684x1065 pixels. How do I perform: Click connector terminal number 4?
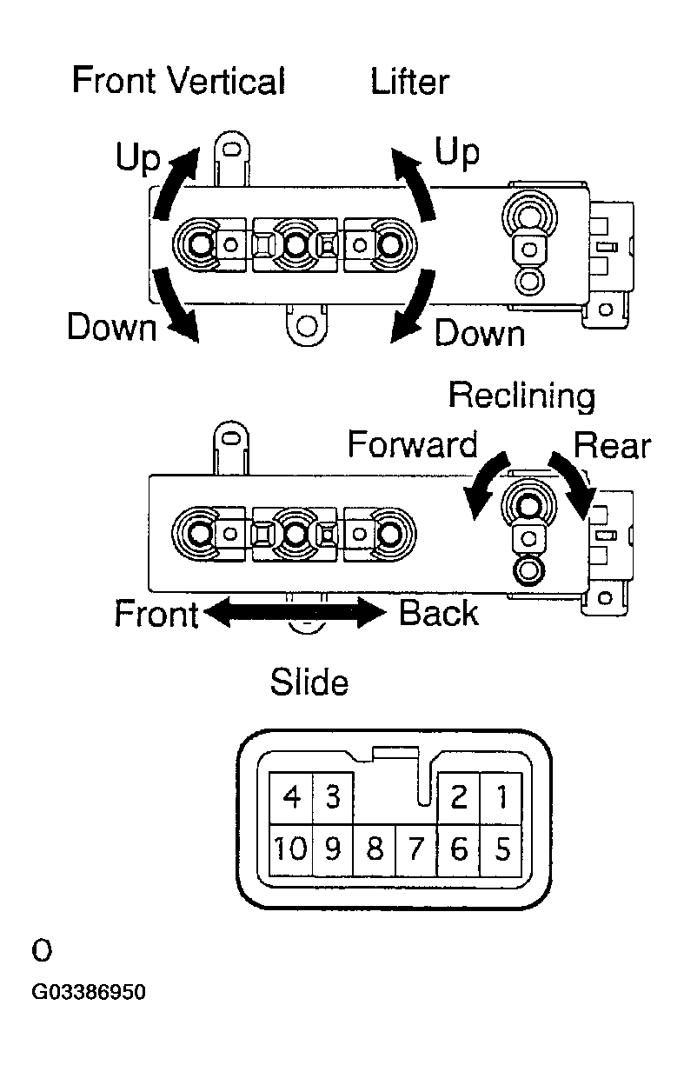(x=291, y=797)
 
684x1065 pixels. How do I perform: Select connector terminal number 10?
(x=291, y=849)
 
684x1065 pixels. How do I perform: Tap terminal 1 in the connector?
(x=501, y=797)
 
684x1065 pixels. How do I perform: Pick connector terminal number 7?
(x=416, y=849)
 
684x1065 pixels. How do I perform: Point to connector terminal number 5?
(x=501, y=849)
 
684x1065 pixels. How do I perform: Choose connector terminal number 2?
(x=459, y=797)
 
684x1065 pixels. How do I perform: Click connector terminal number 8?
(x=375, y=849)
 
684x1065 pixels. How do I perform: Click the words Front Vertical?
(x=179, y=80)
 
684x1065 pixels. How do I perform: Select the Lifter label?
(x=409, y=81)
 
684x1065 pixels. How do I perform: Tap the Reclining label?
(x=522, y=396)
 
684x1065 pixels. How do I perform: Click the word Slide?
(x=309, y=682)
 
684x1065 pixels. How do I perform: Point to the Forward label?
(x=413, y=444)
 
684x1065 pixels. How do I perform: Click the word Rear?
(x=612, y=446)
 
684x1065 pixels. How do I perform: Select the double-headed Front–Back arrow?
(x=296, y=613)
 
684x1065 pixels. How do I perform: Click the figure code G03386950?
(x=89, y=992)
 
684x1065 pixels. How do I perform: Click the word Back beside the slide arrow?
(x=438, y=613)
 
